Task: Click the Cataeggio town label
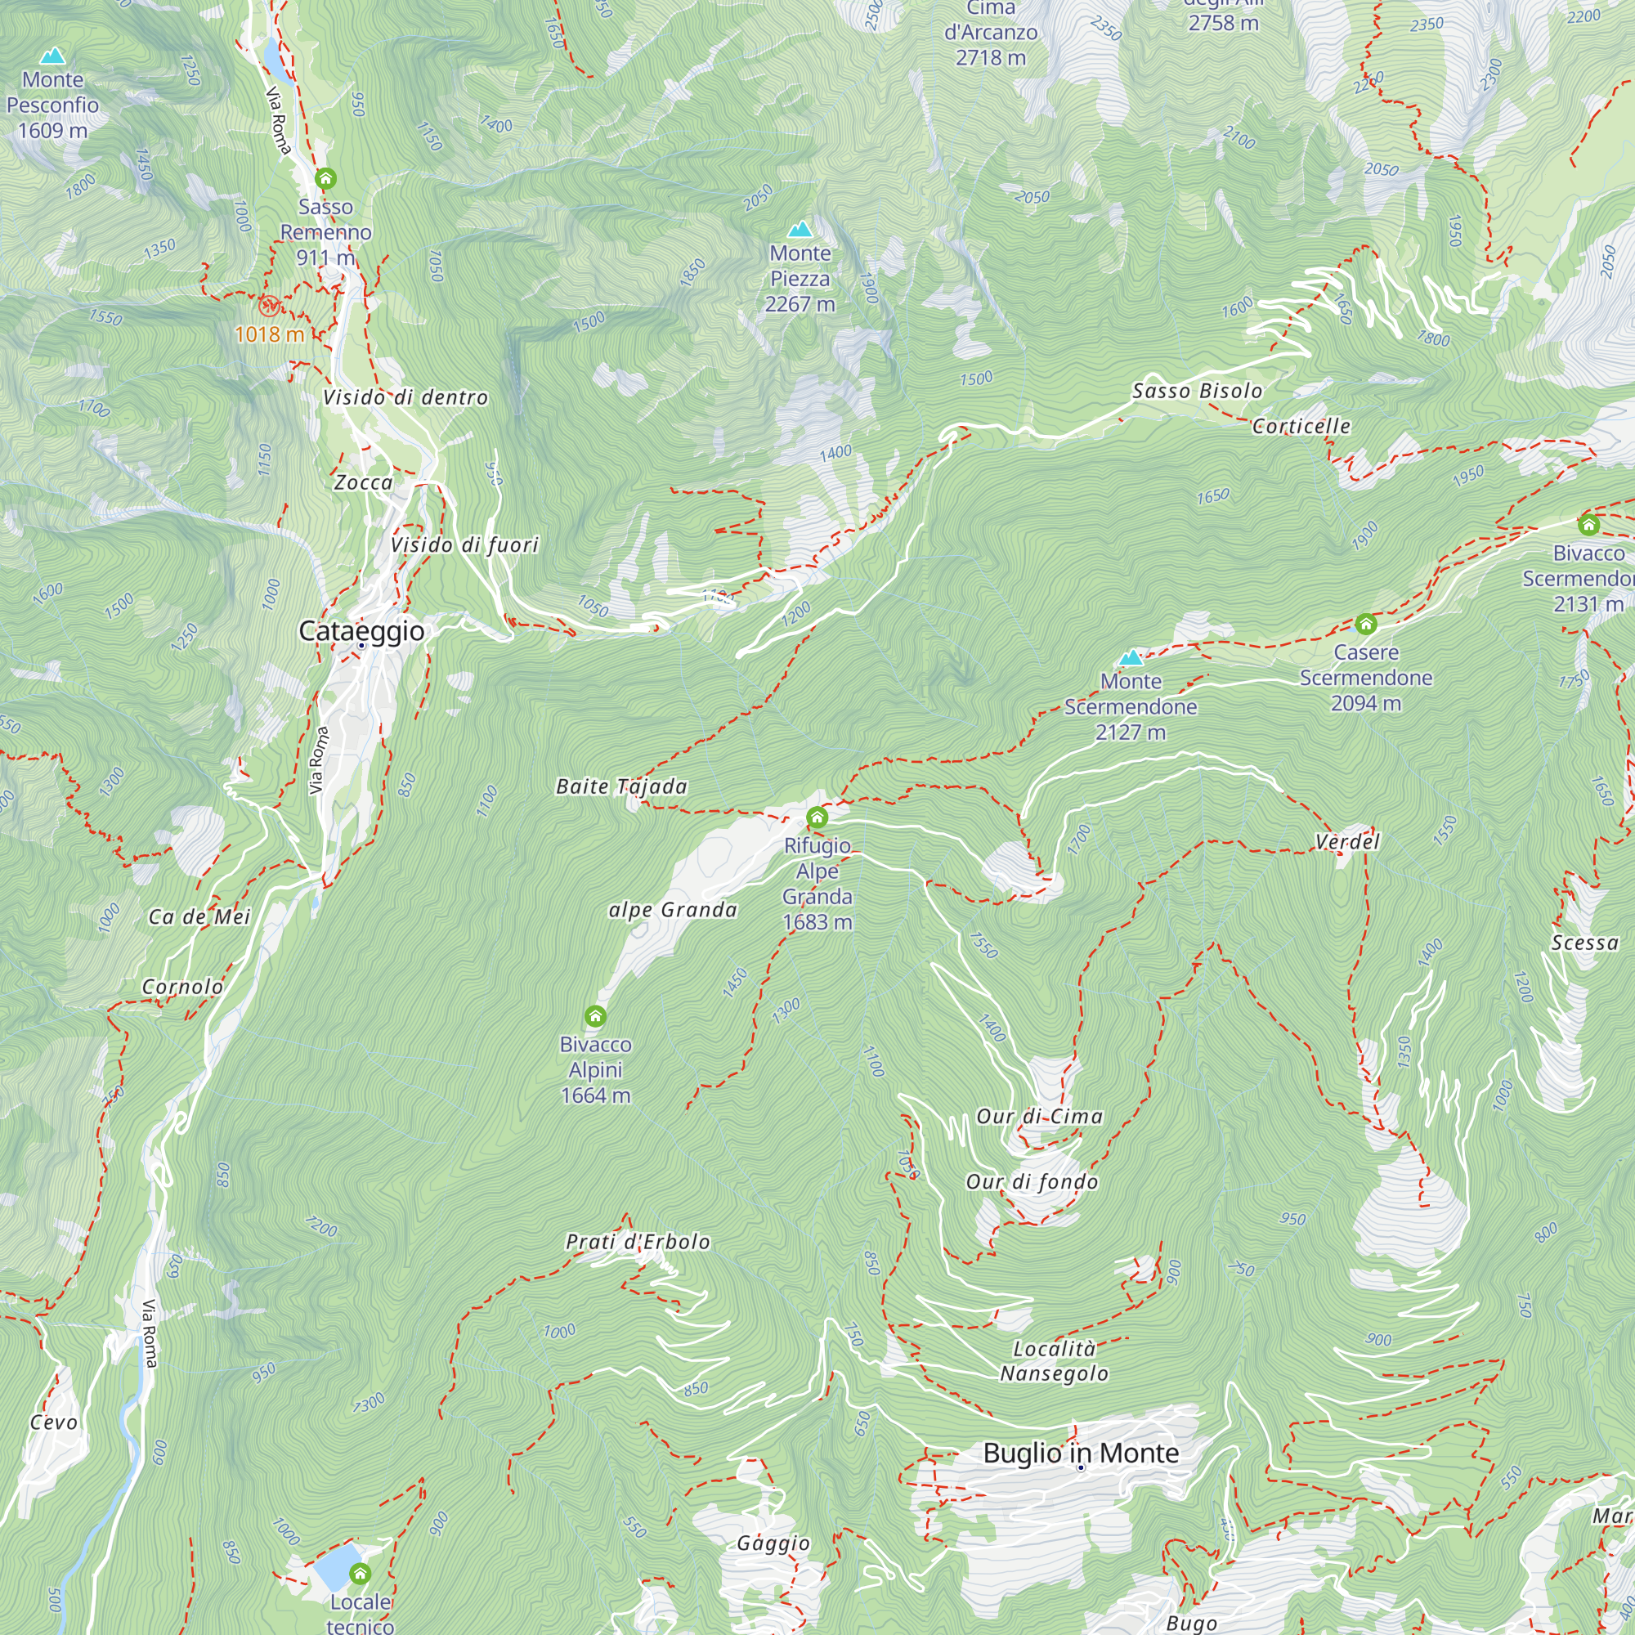[x=361, y=631]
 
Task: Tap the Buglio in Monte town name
[x=1081, y=1453]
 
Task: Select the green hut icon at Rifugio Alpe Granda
[x=817, y=817]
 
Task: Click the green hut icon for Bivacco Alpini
[x=595, y=1015]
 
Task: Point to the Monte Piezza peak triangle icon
[x=800, y=230]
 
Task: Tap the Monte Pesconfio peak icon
[x=52, y=56]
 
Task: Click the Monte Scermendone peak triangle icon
[x=1131, y=658]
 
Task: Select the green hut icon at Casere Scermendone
[x=1365, y=625]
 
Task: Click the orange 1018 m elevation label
[x=269, y=334]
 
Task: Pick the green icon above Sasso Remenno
[x=326, y=178]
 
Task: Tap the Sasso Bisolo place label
[x=1197, y=391]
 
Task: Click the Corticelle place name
[x=1301, y=427]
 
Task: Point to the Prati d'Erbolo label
[x=638, y=1243]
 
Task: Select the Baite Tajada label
[x=621, y=787]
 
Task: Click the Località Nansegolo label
[x=1055, y=1361]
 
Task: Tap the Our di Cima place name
[x=1039, y=1117]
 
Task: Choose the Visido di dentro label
[x=405, y=398]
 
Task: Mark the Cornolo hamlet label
[x=182, y=987]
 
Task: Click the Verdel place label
[x=1347, y=842]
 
